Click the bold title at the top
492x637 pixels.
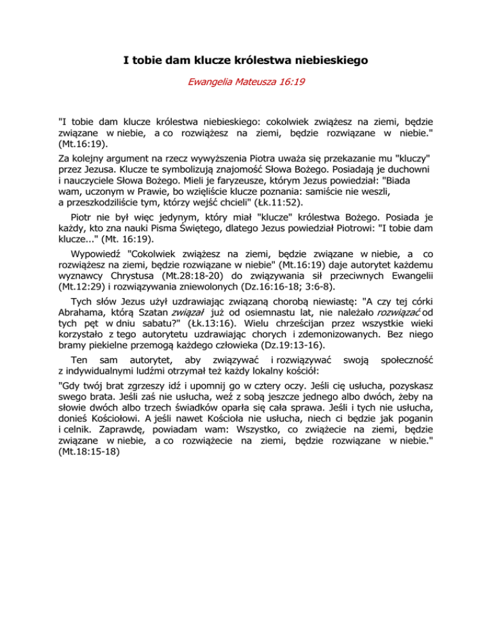click(x=245, y=62)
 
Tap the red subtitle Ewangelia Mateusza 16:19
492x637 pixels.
click(x=245, y=83)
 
